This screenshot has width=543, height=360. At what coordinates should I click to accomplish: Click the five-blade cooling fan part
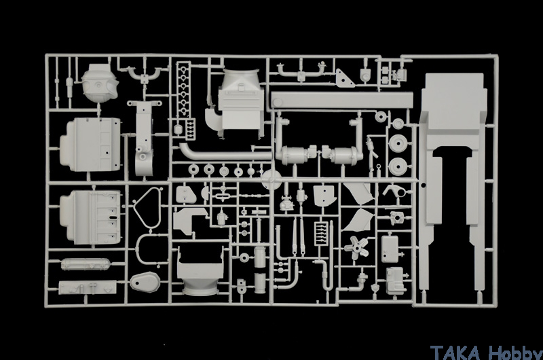pyautogui.click(x=356, y=247)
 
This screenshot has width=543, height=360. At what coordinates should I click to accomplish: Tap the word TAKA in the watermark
pyautogui.click(x=455, y=353)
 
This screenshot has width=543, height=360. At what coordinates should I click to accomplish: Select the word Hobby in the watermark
pyautogui.click(x=515, y=353)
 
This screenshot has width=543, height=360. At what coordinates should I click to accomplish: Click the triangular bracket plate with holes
pyautogui.click(x=344, y=78)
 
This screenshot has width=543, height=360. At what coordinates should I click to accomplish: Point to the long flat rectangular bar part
pyautogui.click(x=342, y=101)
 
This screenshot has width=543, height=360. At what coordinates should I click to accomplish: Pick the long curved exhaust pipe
pyautogui.click(x=225, y=153)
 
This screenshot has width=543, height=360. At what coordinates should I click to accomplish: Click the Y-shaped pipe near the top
pyautogui.click(x=145, y=75)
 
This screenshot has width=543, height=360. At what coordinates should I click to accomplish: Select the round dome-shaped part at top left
pyautogui.click(x=100, y=83)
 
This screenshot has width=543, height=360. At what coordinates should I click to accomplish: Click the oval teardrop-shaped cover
pyautogui.click(x=145, y=282)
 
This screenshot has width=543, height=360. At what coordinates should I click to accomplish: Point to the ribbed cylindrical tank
pyautogui.click(x=86, y=264)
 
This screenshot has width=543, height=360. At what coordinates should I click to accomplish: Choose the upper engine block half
pyautogui.click(x=90, y=145)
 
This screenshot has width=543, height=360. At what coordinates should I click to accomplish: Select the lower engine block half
pyautogui.click(x=90, y=217)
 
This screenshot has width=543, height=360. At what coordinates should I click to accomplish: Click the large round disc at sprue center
pyautogui.click(x=271, y=180)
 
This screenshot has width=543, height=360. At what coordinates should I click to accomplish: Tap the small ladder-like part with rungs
pyautogui.click(x=321, y=234)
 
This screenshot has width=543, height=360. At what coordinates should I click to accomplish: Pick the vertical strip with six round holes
pyautogui.click(x=183, y=90)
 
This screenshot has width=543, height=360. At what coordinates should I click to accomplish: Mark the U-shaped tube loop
pyautogui.click(x=147, y=250)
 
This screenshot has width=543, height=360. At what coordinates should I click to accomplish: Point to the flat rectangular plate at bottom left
pyautogui.click(x=88, y=287)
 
